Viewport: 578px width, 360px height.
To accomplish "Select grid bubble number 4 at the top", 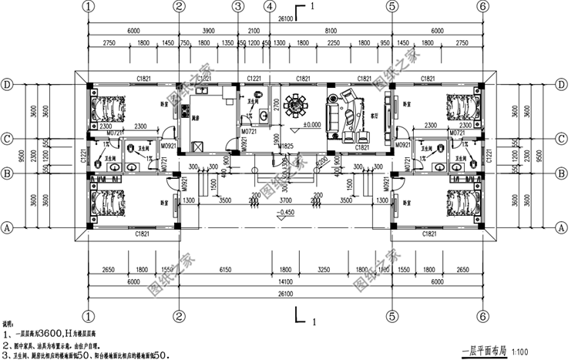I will pos(268,6).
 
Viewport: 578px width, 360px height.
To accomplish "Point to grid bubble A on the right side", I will pos(560,228).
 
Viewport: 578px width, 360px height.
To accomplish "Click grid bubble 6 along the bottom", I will pos(483,316).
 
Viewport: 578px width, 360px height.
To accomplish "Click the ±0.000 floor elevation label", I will pos(311,125).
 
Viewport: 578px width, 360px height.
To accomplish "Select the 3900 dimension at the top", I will pos(208,29).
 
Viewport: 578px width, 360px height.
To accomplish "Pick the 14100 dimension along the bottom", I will pos(285,283).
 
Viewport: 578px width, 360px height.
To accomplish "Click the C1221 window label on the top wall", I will pos(254,79).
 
